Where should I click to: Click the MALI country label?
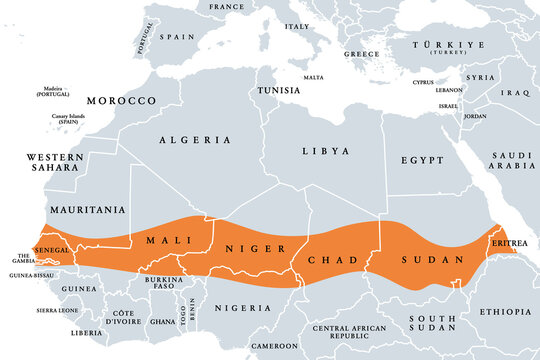[168, 241]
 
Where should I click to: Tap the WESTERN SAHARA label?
[55, 164]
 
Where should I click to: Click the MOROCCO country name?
[121, 101]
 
